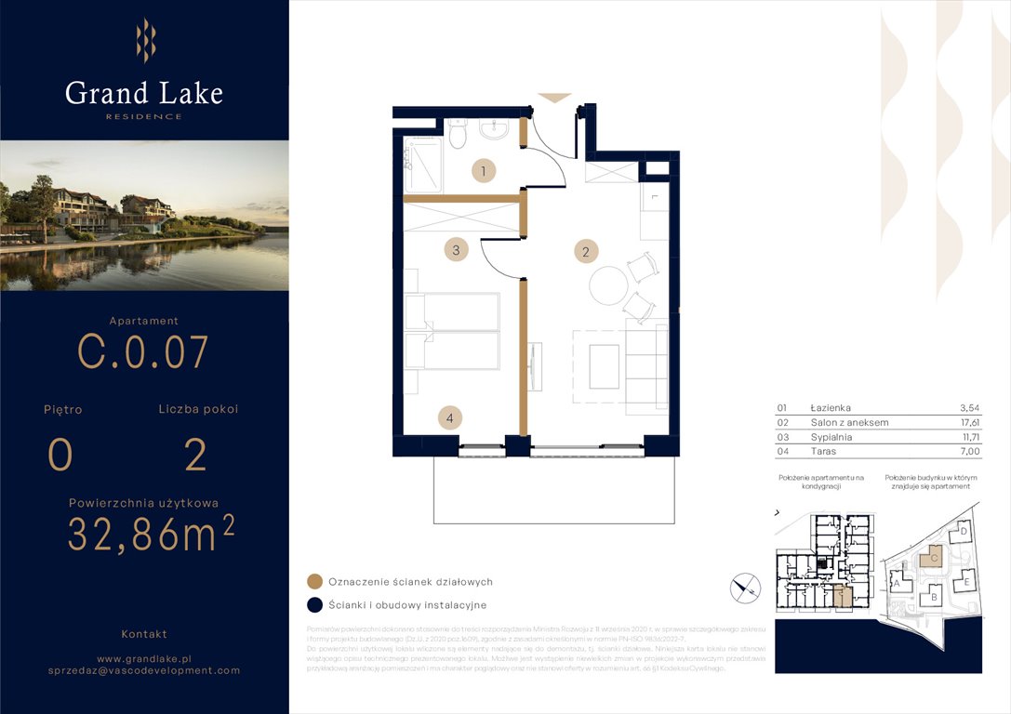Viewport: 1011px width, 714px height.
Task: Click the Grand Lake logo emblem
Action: pos(145,40)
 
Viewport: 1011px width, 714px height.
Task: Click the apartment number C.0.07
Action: pos(143,351)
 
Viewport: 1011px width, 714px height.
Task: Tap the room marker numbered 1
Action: pos(483,170)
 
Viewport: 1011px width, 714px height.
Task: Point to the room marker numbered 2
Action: pos(585,251)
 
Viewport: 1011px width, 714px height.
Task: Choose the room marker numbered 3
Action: pos(455,249)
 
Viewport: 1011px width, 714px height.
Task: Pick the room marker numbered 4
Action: pos(450,418)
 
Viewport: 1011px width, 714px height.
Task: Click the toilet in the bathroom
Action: pos(458,136)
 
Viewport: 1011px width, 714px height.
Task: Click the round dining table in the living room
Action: pos(609,284)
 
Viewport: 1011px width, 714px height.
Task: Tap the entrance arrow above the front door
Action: pos(554,97)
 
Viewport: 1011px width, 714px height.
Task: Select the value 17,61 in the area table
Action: pos(969,422)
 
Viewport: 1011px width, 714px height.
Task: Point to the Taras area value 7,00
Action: pos(969,451)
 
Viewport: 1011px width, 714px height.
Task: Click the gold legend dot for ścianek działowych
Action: pos(315,582)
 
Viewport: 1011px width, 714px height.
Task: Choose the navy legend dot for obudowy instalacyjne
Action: pos(315,605)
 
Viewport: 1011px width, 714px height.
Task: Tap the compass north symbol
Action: pos(746,587)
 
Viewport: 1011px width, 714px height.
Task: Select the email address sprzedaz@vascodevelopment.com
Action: pos(144,669)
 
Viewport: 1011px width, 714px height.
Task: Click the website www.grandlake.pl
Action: pos(144,657)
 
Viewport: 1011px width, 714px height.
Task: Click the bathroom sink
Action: pos(494,130)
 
